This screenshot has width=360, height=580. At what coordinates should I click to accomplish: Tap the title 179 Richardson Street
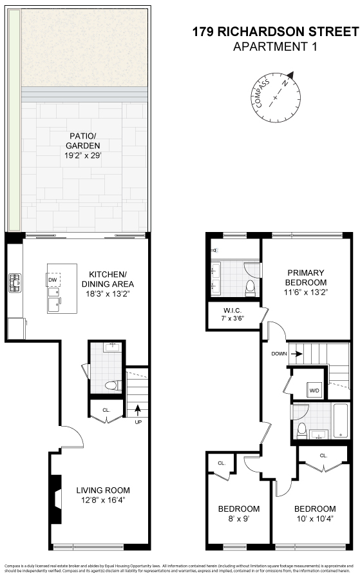point(275,32)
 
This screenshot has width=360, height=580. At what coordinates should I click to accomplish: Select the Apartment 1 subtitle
point(275,46)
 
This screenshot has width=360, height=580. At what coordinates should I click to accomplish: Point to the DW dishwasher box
point(53,279)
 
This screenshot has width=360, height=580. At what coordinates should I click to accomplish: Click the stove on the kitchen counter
point(14,282)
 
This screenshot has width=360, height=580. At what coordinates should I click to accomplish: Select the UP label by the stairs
point(137,423)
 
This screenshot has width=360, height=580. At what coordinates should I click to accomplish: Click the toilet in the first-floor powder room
point(113,386)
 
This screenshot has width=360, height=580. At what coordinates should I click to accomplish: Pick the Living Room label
point(99,490)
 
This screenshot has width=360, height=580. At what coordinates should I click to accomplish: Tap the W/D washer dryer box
point(315,391)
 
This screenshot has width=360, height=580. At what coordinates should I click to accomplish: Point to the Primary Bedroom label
point(306,277)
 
